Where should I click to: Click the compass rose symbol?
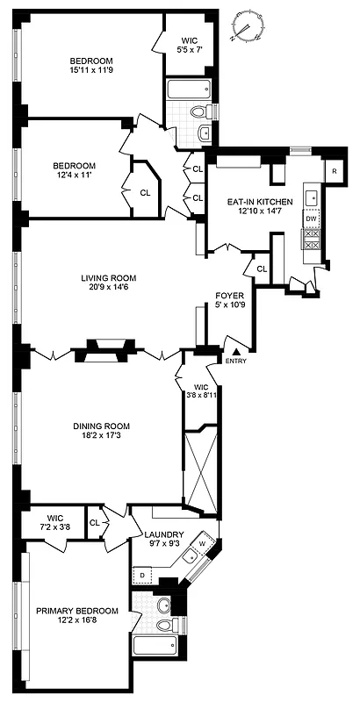click(248, 26)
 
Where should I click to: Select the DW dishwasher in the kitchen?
click(311, 218)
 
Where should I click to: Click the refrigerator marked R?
click(334, 170)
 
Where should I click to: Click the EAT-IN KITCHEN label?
click(253, 202)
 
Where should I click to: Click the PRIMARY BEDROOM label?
click(77, 611)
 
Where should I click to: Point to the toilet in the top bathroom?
click(199, 112)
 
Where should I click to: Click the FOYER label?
click(229, 296)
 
